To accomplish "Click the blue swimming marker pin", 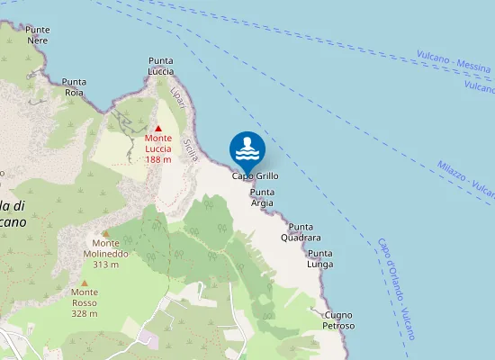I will coord(247,150).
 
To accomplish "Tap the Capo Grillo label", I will coord(256,176).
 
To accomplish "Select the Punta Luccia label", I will coord(161,66).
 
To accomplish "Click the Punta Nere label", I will coord(38,35).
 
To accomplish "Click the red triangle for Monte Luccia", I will coord(158,129).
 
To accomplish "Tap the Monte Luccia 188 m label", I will coord(158,148).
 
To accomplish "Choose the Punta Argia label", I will coord(262,198).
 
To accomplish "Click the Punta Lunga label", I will coord(320,259).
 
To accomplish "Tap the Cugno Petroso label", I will coord(339,319).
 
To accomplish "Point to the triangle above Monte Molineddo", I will coord(105,233).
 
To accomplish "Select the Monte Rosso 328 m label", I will coord(85,302).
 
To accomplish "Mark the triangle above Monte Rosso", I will coord(85,283).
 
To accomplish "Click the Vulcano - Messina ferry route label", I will coord(455,61).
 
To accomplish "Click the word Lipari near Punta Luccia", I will coord(178,98).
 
